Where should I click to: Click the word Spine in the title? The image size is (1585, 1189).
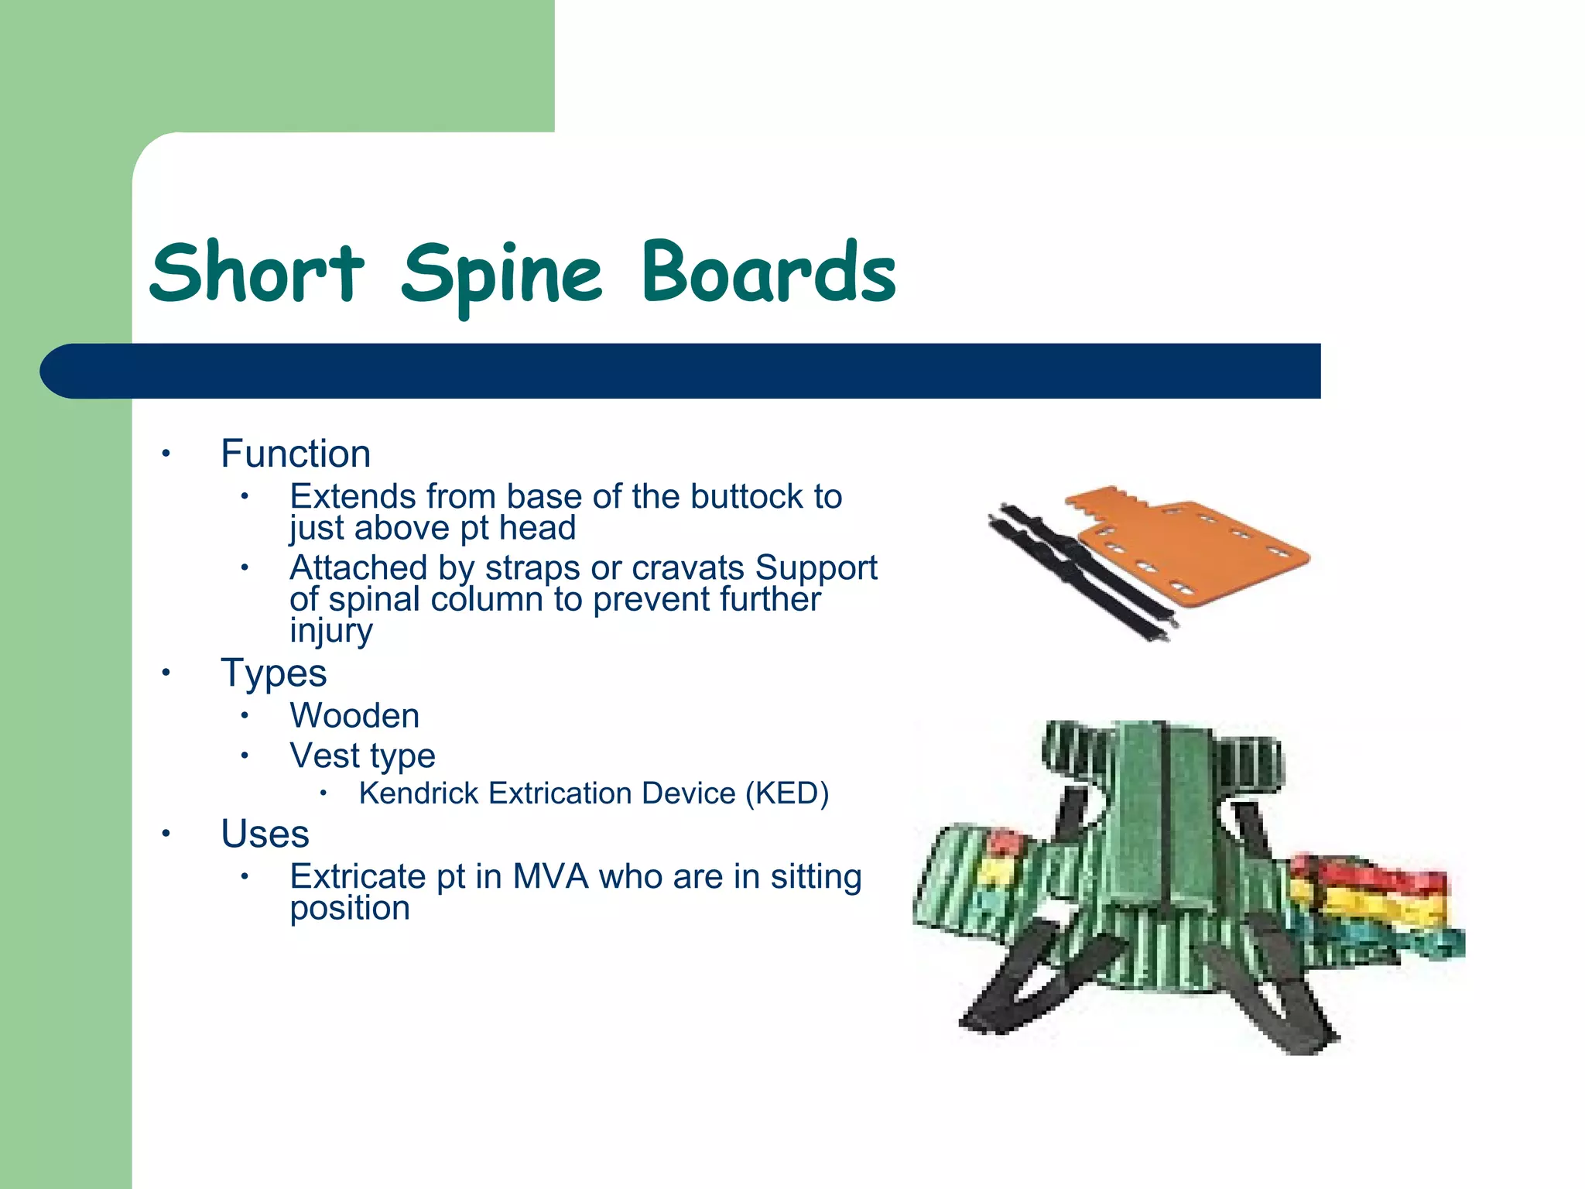click(x=502, y=272)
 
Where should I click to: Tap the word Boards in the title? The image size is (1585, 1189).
click(x=768, y=272)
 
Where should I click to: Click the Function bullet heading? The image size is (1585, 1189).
click(x=296, y=454)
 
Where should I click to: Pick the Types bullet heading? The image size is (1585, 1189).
click(x=273, y=673)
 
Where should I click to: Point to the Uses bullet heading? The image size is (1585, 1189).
click(x=265, y=834)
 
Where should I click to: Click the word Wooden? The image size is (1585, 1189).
click(x=354, y=715)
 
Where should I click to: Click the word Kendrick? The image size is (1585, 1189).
click(x=419, y=793)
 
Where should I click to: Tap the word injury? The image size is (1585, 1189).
click(x=331, y=631)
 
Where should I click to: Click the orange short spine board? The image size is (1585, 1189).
click(x=1192, y=550)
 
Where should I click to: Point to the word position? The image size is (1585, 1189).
click(x=350, y=909)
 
